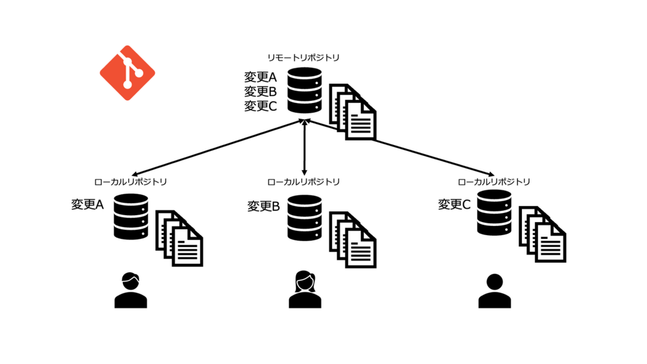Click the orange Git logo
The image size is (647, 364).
[127, 73]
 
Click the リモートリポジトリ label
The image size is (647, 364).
[304, 58]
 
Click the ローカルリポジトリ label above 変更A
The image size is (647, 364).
[130, 181]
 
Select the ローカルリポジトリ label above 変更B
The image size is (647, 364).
[304, 181]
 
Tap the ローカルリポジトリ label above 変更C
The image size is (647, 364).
[494, 181]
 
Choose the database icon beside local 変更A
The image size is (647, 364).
[131, 217]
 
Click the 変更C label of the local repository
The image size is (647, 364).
[454, 204]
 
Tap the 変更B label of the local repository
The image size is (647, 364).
[264, 206]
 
